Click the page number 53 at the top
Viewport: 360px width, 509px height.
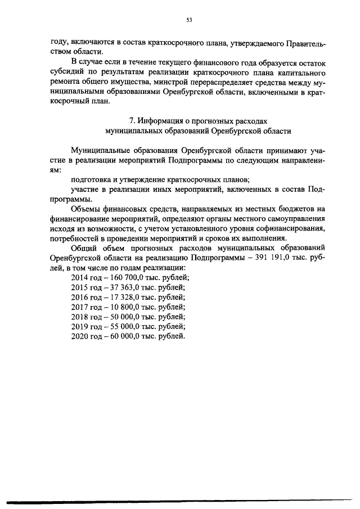(x=189, y=20)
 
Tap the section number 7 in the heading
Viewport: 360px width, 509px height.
(x=131, y=120)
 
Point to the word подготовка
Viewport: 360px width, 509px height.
(x=91, y=179)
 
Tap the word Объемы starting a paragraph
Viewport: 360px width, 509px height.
(x=84, y=209)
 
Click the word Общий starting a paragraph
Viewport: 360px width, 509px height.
(x=83, y=247)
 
